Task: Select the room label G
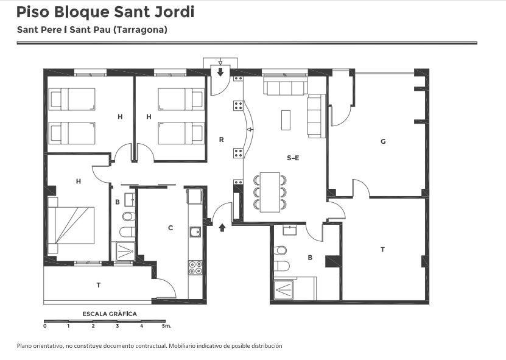click(x=383, y=141)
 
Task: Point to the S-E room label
click(x=293, y=158)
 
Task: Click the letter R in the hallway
click(x=222, y=140)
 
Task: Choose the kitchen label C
click(x=170, y=228)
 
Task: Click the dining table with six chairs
click(x=270, y=192)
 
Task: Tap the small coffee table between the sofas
click(x=286, y=120)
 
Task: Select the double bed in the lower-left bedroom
click(x=71, y=225)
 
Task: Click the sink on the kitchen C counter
click(x=195, y=232)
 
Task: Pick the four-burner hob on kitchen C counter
click(x=195, y=267)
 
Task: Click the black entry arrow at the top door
click(x=220, y=72)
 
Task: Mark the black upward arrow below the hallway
click(x=222, y=228)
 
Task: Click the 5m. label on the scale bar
click(x=166, y=326)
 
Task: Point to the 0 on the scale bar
click(x=45, y=326)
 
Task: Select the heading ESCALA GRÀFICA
click(x=110, y=314)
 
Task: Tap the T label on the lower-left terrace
click(x=99, y=285)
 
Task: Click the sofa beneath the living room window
click(x=285, y=85)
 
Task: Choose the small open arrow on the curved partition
click(x=250, y=130)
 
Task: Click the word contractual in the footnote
click(x=151, y=346)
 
